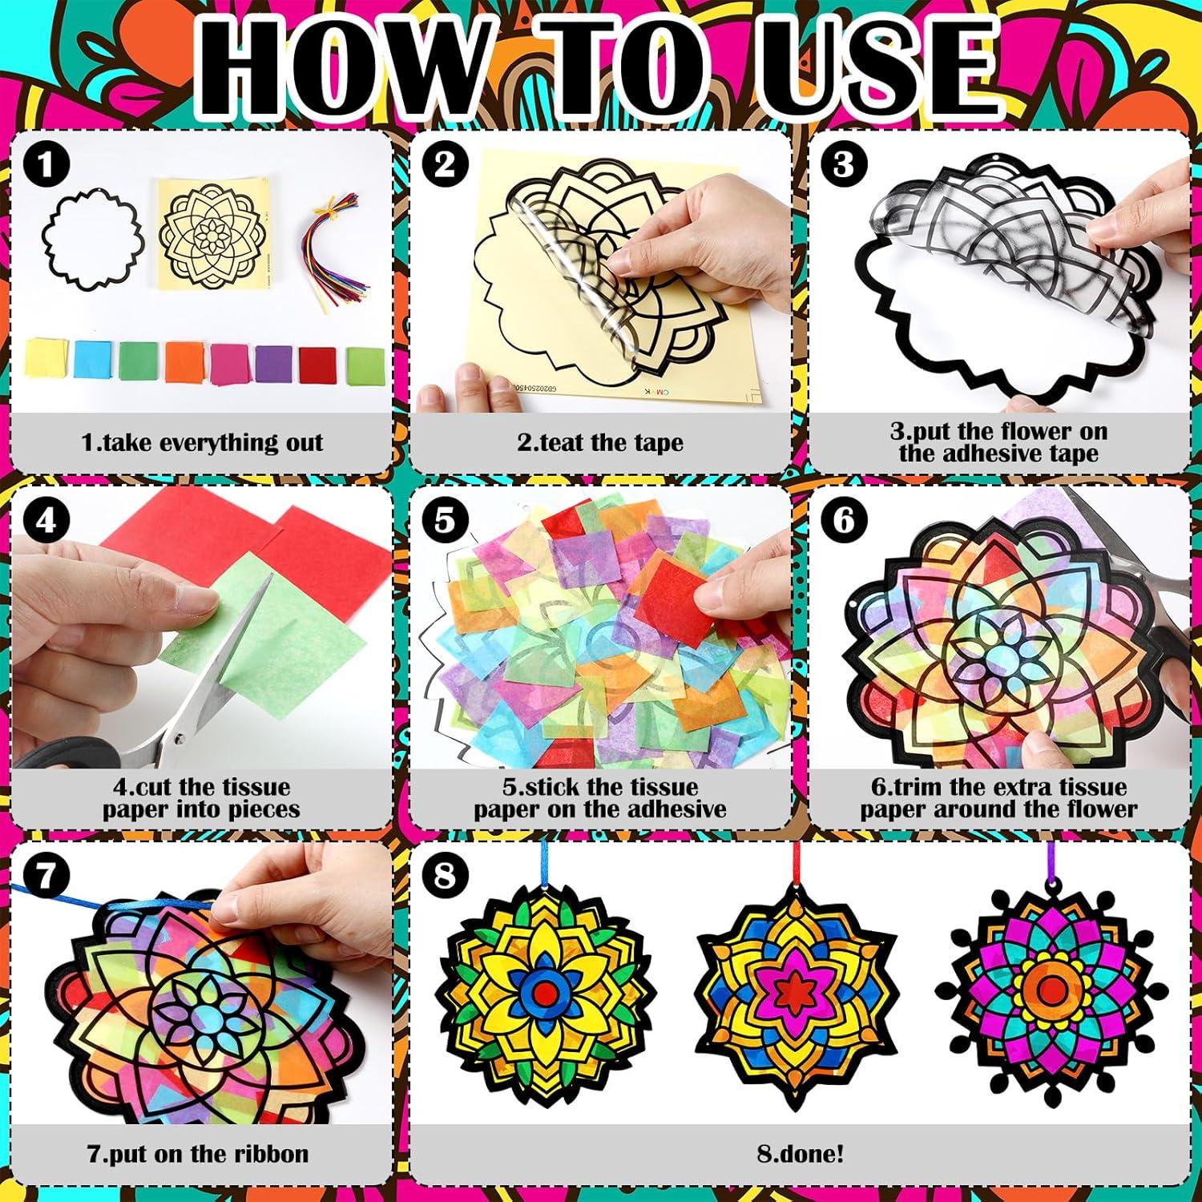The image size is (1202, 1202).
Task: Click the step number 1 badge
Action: click(46, 165)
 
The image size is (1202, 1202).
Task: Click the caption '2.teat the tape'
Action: click(599, 442)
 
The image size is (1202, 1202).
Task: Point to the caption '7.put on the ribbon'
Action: click(198, 1154)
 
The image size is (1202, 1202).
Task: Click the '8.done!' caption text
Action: click(800, 1154)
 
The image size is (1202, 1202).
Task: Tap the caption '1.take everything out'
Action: click(202, 442)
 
